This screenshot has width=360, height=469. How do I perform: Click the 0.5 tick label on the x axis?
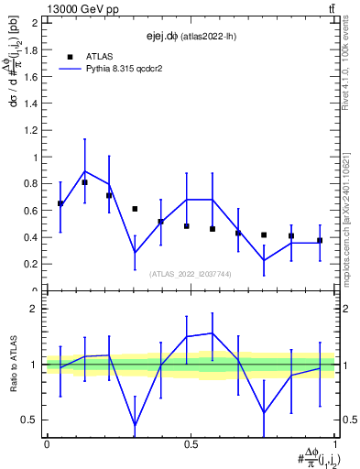point(191,444)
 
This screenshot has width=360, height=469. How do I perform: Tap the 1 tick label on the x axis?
point(335,444)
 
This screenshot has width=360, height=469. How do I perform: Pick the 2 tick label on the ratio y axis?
point(36,309)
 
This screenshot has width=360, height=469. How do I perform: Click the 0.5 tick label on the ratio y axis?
point(31,420)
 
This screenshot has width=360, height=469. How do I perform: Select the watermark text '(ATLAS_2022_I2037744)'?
point(191,273)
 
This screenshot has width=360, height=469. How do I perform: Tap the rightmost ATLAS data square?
point(320,241)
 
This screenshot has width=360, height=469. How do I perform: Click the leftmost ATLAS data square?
point(60,203)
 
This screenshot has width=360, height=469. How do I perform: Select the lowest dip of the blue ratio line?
point(136,425)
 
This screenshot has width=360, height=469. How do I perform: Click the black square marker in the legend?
point(71,56)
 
